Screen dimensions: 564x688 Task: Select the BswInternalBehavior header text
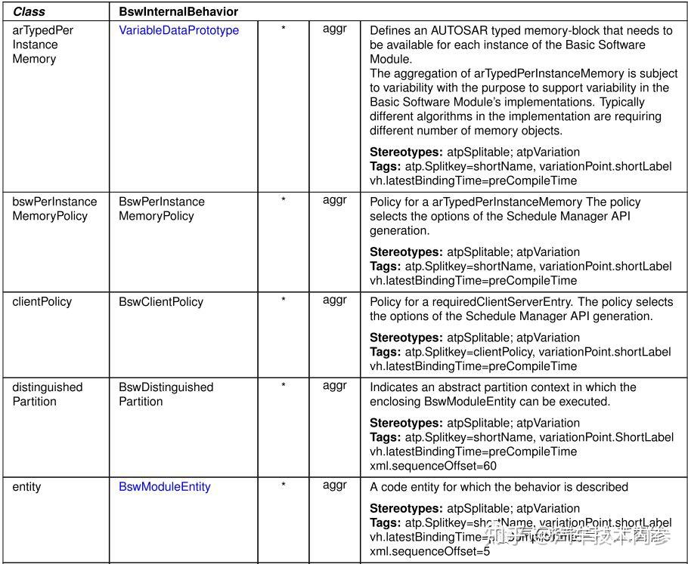pyautogui.click(x=178, y=12)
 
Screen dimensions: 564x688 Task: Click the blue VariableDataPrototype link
pyautogui.click(x=178, y=30)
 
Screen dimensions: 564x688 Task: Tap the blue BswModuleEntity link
pyautogui.click(x=164, y=487)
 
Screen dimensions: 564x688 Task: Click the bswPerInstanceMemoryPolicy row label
pyautogui.click(x=54, y=208)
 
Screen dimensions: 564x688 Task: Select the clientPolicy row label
pyautogui.click(x=42, y=301)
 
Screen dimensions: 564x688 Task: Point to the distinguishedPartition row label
pyautogui.click(x=47, y=394)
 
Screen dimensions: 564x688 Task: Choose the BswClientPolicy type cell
pyautogui.click(x=160, y=301)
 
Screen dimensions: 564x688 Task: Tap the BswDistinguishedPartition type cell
pyautogui.click(x=166, y=394)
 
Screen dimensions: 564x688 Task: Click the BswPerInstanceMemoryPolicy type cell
pyautogui.click(x=161, y=208)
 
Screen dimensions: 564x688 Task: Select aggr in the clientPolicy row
pyautogui.click(x=334, y=300)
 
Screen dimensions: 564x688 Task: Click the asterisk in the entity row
pyautogui.click(x=283, y=485)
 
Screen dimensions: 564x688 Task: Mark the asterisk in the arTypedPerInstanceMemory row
pyautogui.click(x=283, y=29)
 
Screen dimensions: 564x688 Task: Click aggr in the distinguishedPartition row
pyautogui.click(x=334, y=385)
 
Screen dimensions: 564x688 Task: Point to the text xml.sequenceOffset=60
pyautogui.click(x=432, y=466)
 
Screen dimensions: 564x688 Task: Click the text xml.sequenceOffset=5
pyautogui.click(x=429, y=551)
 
